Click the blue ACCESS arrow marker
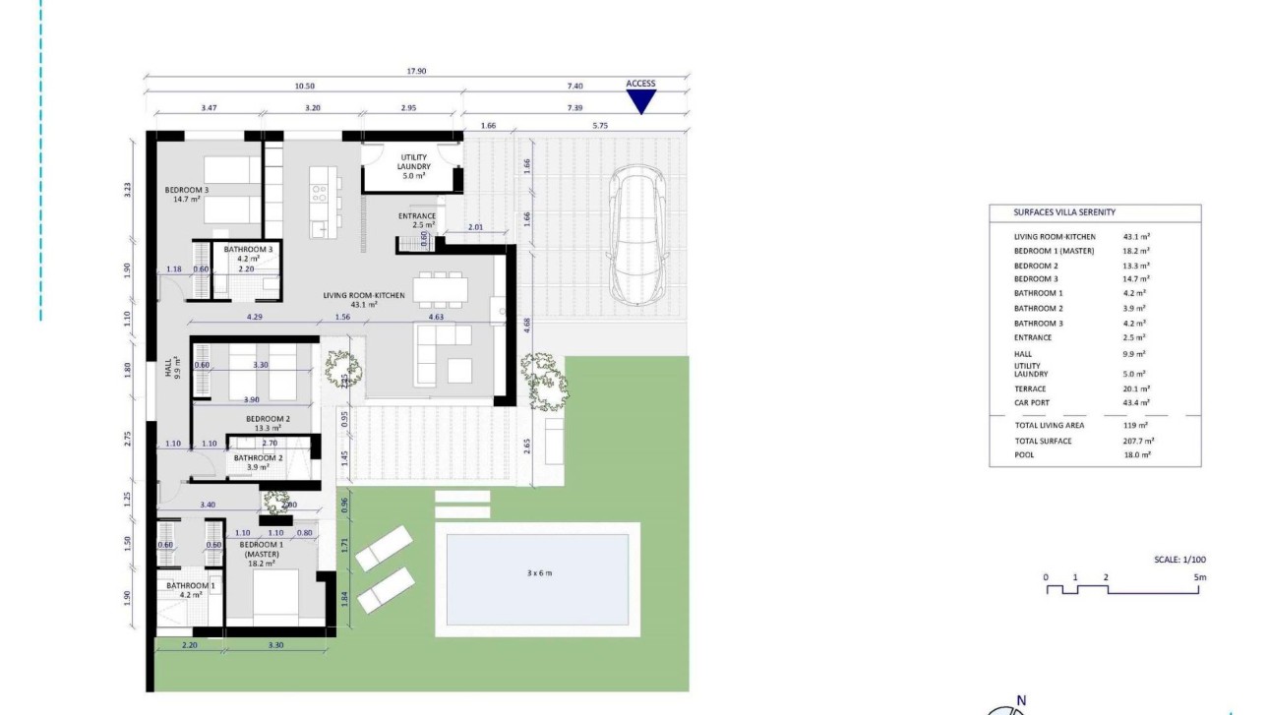(x=640, y=101)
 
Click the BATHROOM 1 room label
(x=190, y=586)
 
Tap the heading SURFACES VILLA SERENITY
(x=1064, y=212)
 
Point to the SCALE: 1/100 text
(x=1180, y=560)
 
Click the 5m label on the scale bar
(x=1199, y=577)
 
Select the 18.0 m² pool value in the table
(x=1137, y=455)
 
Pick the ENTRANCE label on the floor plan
(x=417, y=216)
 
